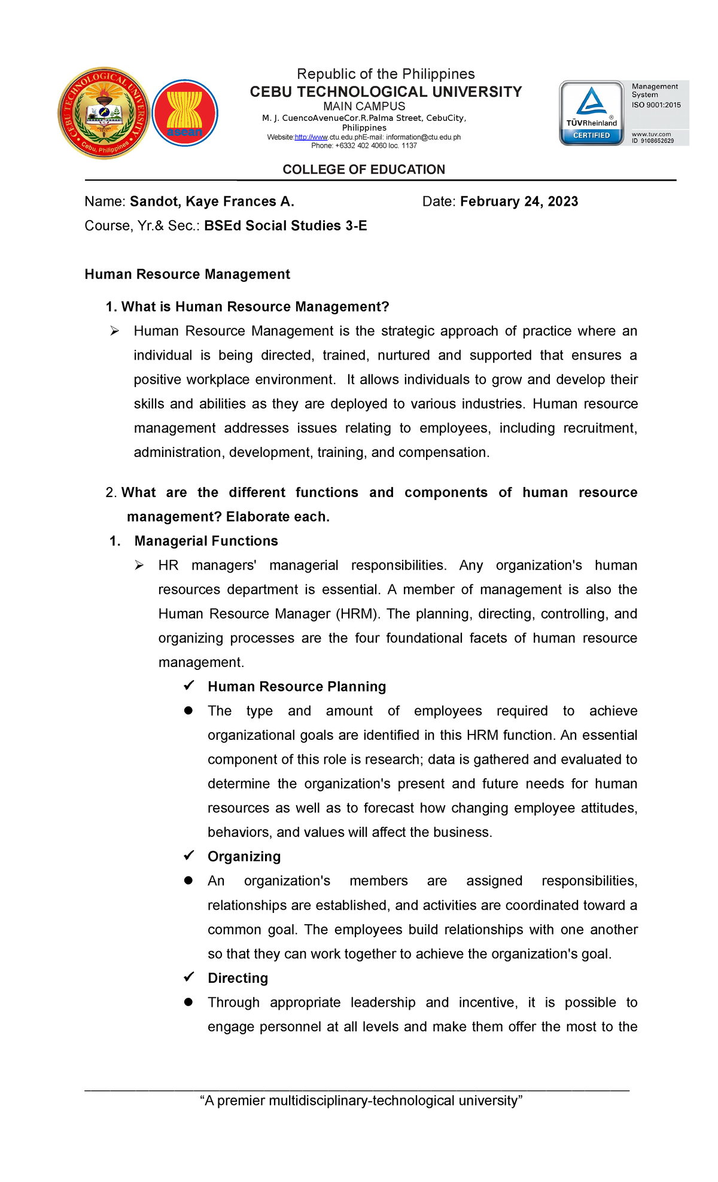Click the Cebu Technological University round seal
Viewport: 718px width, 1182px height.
(104, 114)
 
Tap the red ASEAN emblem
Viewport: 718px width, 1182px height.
(185, 114)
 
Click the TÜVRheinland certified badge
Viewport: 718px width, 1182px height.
(591, 114)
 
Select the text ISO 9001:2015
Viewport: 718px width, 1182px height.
(656, 105)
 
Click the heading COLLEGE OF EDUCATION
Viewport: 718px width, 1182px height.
(364, 170)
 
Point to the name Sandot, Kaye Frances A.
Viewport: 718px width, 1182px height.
(212, 202)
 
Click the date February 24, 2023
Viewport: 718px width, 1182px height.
(519, 202)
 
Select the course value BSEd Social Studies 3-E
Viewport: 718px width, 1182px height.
(285, 226)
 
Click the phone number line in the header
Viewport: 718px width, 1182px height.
(364, 145)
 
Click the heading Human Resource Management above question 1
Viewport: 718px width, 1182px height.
(187, 275)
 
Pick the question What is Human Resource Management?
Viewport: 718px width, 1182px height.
(255, 307)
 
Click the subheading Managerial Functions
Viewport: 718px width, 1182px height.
(206, 541)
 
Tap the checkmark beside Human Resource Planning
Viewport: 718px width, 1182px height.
(188, 686)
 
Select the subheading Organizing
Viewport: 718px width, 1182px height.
(244, 857)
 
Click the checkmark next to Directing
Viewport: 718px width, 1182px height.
(188, 977)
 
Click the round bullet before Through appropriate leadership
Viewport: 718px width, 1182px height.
(188, 1002)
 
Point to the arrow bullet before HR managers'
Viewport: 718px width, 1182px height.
(139, 565)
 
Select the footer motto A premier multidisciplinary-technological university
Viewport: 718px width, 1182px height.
(361, 1101)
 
